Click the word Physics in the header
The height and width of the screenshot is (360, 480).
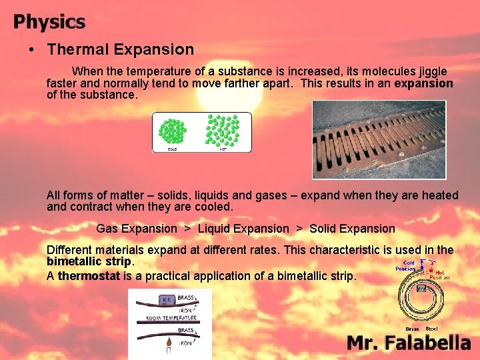click(49, 22)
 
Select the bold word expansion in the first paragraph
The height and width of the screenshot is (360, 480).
click(423, 83)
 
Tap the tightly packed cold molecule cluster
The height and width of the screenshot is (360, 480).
click(171, 131)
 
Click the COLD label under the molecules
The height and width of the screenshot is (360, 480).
click(171, 149)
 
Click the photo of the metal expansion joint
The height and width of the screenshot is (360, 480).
click(379, 139)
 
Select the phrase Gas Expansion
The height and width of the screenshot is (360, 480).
click(137, 229)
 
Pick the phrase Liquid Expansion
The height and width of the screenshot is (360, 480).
click(243, 229)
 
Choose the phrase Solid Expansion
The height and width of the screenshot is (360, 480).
click(352, 229)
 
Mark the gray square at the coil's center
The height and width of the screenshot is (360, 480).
click(421, 289)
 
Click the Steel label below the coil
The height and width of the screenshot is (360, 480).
click(432, 329)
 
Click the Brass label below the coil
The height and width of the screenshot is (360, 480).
click(412, 329)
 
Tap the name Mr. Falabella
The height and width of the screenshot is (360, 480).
click(409, 343)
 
